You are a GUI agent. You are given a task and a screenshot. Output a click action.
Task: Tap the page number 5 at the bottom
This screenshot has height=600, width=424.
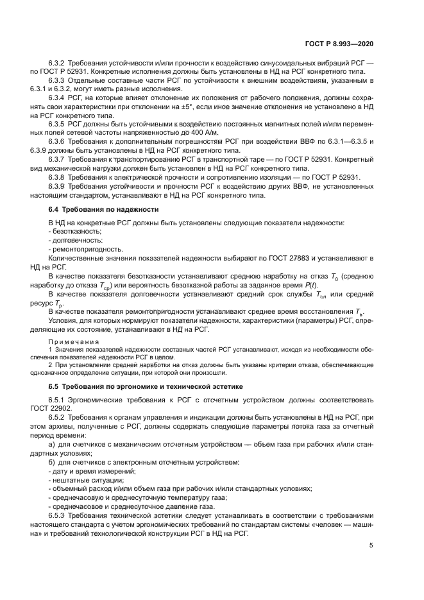pyautogui.click(x=371, y=546)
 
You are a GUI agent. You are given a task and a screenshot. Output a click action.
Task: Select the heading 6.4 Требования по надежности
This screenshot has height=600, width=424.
pyautogui.click(x=104, y=210)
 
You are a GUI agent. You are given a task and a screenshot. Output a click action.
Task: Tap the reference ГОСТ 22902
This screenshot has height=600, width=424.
pyautogui.click(x=68, y=407)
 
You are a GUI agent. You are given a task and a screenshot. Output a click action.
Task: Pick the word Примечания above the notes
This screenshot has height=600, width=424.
pyautogui.click(x=74, y=341)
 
